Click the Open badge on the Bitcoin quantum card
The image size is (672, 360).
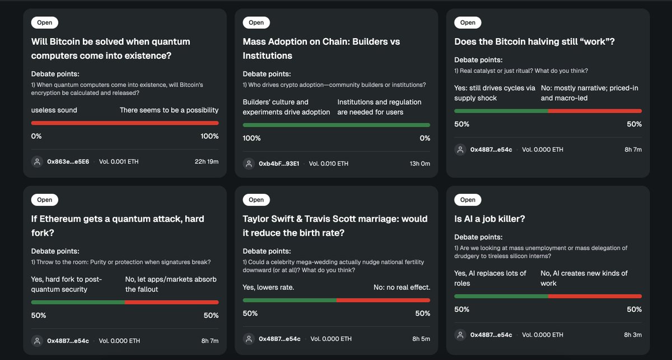pyautogui.click(x=45, y=23)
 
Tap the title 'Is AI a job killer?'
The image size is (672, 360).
pyautogui.click(x=489, y=219)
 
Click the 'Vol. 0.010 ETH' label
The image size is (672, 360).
pyautogui.click(x=329, y=164)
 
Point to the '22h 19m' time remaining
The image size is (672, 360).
pyautogui.click(x=206, y=162)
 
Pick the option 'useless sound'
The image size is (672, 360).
pyautogui.click(x=54, y=110)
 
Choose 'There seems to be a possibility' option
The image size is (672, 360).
pyautogui.click(x=169, y=110)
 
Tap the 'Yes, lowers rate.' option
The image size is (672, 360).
pyautogui.click(x=268, y=287)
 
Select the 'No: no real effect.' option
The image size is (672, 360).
pyautogui.click(x=402, y=287)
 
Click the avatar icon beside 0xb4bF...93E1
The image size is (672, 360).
pyautogui.click(x=249, y=164)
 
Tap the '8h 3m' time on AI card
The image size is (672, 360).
pyautogui.click(x=633, y=335)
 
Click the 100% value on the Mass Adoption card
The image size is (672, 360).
pyautogui.click(x=251, y=138)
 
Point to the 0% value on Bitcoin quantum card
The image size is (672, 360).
pyautogui.click(x=36, y=136)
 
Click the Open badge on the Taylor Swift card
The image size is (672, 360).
pyautogui.click(x=256, y=200)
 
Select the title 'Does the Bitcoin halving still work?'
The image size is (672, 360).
pyautogui.click(x=534, y=42)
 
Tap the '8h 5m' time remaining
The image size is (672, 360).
pyautogui.click(x=421, y=339)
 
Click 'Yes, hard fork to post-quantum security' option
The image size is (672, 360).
pyautogui.click(x=66, y=284)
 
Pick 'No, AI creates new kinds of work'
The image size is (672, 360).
pyautogui.click(x=584, y=278)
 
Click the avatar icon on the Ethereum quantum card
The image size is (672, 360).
pyautogui.click(x=37, y=340)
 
